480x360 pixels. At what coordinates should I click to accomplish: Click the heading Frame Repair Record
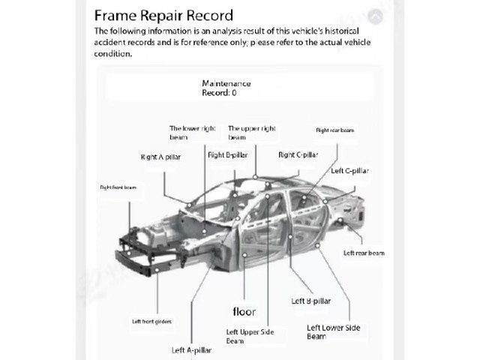(163, 15)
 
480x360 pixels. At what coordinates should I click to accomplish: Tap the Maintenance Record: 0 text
(226, 88)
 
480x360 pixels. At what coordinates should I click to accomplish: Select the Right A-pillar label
(160, 157)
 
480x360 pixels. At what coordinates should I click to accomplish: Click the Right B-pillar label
(227, 155)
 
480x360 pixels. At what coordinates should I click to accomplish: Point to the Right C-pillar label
(298, 155)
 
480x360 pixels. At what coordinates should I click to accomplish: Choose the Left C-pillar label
(350, 171)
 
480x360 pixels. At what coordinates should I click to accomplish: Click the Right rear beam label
(335, 130)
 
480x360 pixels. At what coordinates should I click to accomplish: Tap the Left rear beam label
(364, 253)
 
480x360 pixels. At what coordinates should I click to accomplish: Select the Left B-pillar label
(311, 301)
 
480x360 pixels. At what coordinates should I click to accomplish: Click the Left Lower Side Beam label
(333, 332)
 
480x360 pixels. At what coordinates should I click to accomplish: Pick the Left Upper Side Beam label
(250, 337)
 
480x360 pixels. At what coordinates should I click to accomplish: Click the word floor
(244, 312)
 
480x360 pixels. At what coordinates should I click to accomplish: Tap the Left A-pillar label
(191, 350)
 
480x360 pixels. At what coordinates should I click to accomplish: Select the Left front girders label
(151, 322)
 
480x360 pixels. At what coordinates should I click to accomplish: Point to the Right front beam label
(118, 187)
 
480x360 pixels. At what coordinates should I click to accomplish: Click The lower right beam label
(193, 133)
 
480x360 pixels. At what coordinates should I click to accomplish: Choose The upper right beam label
(252, 133)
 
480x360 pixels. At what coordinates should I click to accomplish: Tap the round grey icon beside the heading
(375, 16)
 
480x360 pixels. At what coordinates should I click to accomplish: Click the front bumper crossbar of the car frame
(135, 263)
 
